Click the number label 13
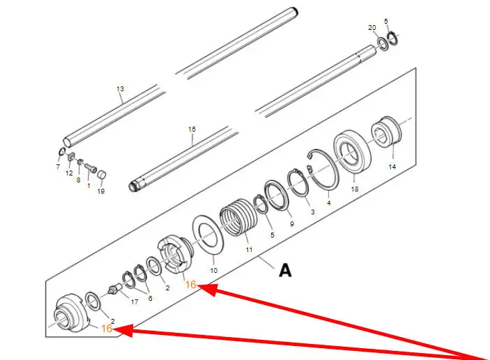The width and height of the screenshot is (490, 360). click(x=120, y=89)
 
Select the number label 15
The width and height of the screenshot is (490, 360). click(x=192, y=129)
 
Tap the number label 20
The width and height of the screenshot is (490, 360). click(x=372, y=27)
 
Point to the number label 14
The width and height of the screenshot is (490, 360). click(x=392, y=167)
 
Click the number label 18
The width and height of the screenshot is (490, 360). click(x=354, y=189)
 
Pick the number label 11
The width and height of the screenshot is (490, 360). click(x=249, y=249)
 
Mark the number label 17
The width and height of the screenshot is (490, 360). click(x=135, y=302)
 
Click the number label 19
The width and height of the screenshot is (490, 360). click(x=101, y=191)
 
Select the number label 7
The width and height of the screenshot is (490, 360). click(x=58, y=167)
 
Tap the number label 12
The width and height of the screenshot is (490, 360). click(x=69, y=173)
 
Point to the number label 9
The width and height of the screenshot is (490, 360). click(x=291, y=224)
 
